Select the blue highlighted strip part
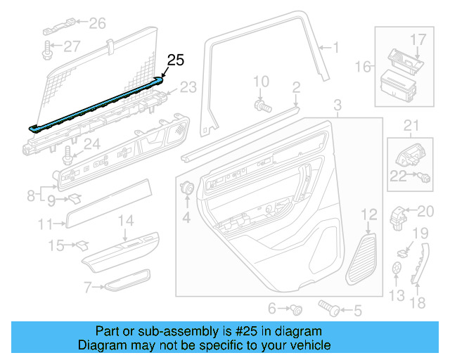98,105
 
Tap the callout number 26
97,24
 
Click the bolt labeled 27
50,49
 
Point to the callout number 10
261,82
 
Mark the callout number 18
418,303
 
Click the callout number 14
124,221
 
